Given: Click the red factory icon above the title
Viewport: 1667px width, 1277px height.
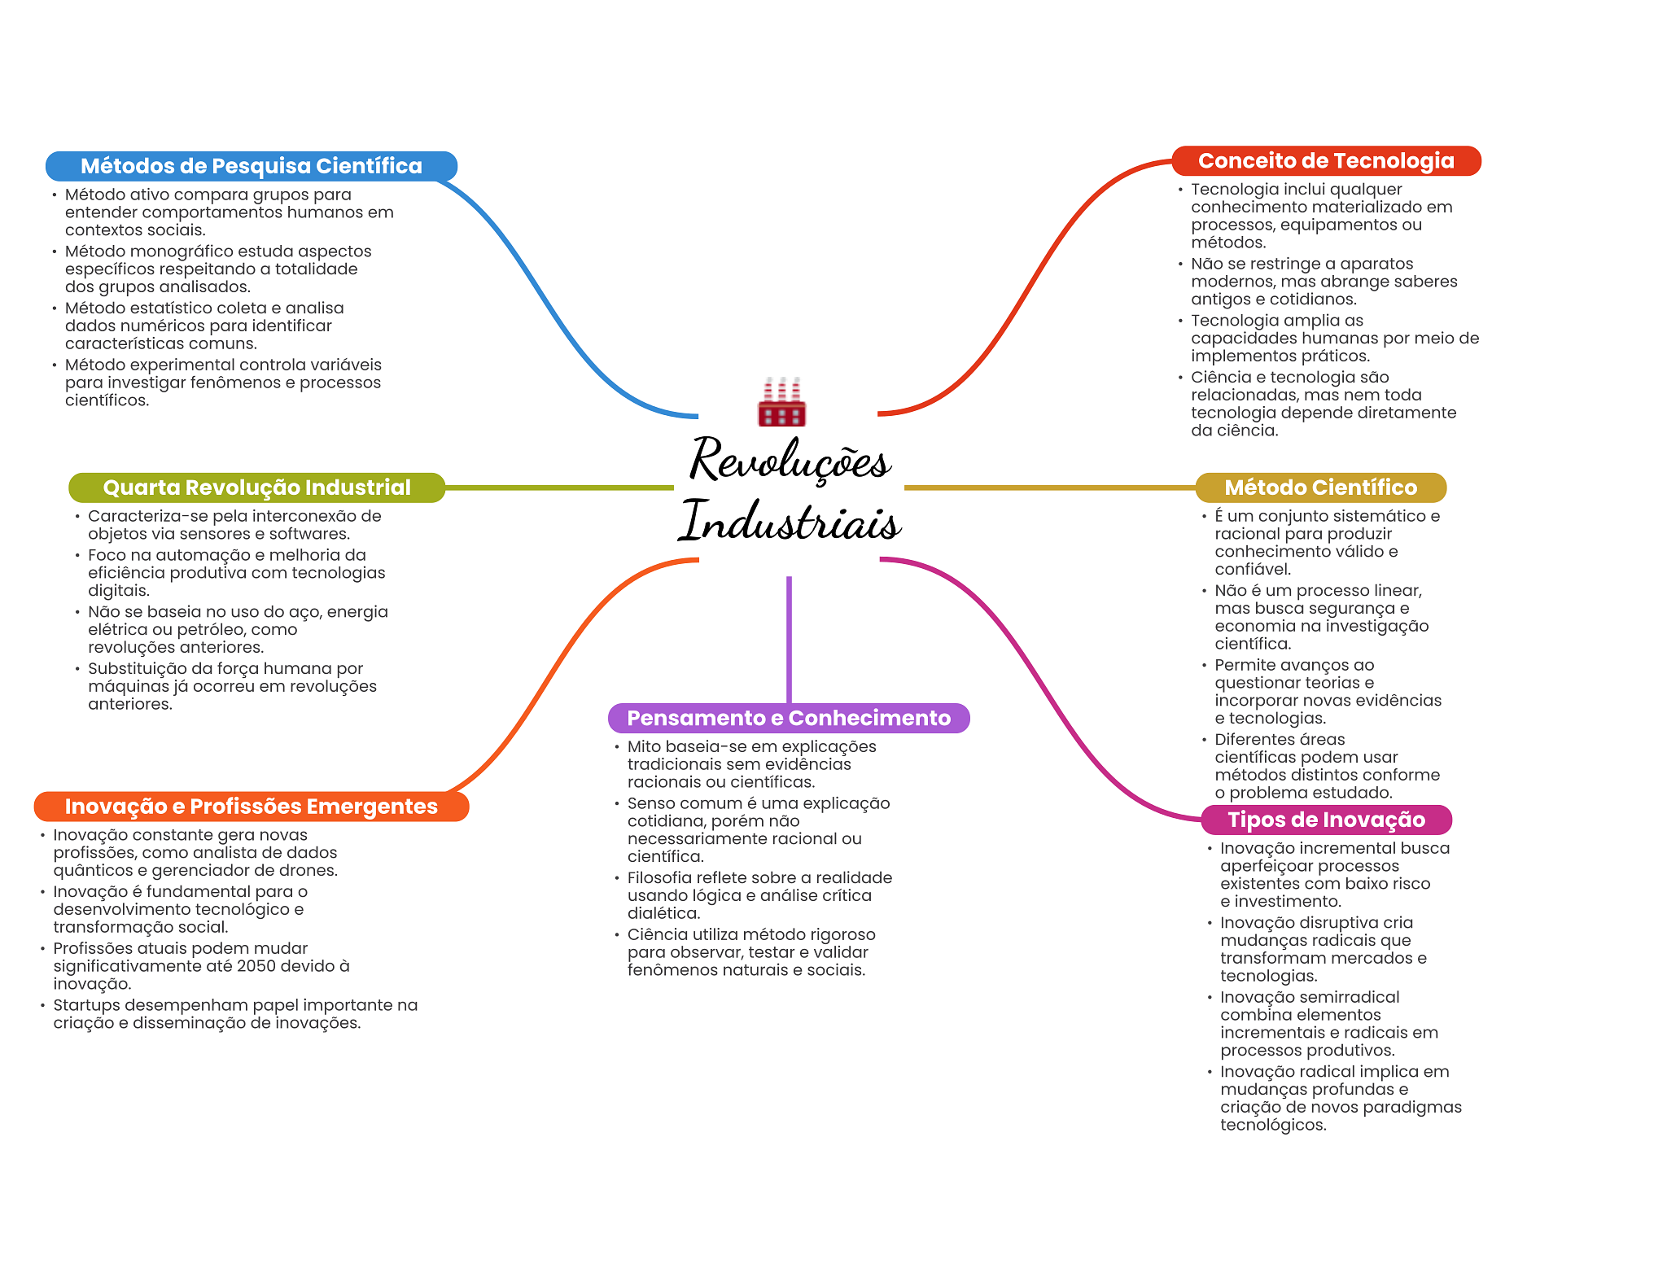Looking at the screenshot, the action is coord(781,402).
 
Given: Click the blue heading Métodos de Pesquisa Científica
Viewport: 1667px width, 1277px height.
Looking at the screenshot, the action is coord(252,166).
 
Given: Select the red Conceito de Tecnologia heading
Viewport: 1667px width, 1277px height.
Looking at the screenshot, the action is coord(1326,161).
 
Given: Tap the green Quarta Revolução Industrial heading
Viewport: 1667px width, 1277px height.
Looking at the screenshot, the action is coord(256,488).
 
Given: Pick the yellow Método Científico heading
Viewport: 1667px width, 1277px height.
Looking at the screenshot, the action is coord(1320,488).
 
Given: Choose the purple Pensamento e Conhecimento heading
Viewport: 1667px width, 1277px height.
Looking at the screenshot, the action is coord(789,718).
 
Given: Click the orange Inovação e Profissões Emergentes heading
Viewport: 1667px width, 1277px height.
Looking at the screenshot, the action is coord(252,807).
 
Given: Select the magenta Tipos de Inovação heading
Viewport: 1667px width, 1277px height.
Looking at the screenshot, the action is coord(1326,820).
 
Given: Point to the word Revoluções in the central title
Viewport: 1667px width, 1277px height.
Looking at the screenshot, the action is coord(790,460).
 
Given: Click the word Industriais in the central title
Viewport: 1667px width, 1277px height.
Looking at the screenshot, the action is coord(790,520).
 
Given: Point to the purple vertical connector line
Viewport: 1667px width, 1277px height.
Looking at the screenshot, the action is coord(789,640).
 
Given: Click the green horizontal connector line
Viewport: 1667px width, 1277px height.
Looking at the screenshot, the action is coord(559,488).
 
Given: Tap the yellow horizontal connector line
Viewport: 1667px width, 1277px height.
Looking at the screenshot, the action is coord(1050,488).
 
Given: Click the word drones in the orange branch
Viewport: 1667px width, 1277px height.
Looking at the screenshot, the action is coord(307,871).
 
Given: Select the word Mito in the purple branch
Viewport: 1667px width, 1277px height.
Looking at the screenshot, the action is coord(644,746).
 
